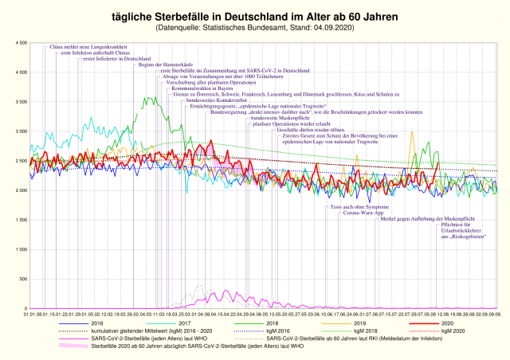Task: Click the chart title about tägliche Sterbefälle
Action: (x=255, y=15)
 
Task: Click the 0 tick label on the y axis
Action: (x=24, y=308)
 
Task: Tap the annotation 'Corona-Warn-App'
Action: (x=363, y=213)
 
